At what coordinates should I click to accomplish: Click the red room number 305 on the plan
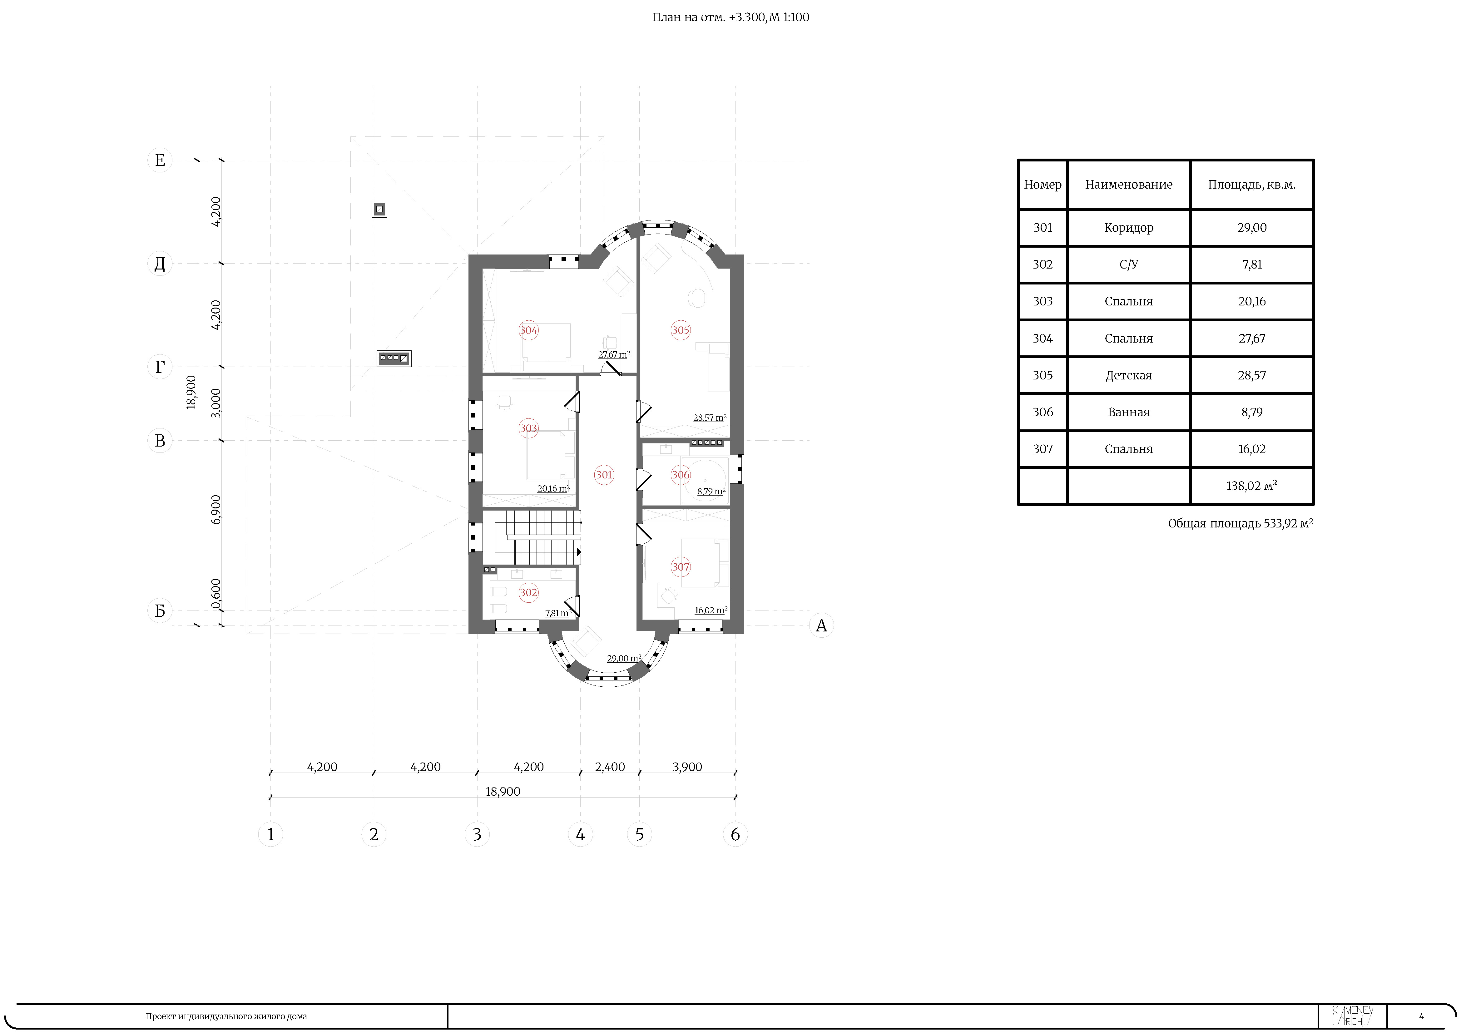pyautogui.click(x=680, y=330)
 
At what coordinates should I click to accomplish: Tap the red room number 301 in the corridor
pyautogui.click(x=604, y=475)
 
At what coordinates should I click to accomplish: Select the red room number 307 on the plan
pyautogui.click(x=680, y=567)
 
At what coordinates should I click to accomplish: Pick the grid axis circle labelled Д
pyautogui.click(x=160, y=263)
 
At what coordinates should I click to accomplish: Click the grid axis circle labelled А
pyautogui.click(x=821, y=625)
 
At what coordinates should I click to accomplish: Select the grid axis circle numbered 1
pyautogui.click(x=270, y=834)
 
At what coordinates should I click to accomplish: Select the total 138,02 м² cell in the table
pyautogui.click(x=1252, y=486)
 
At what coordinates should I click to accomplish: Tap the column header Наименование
pyautogui.click(x=1128, y=185)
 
